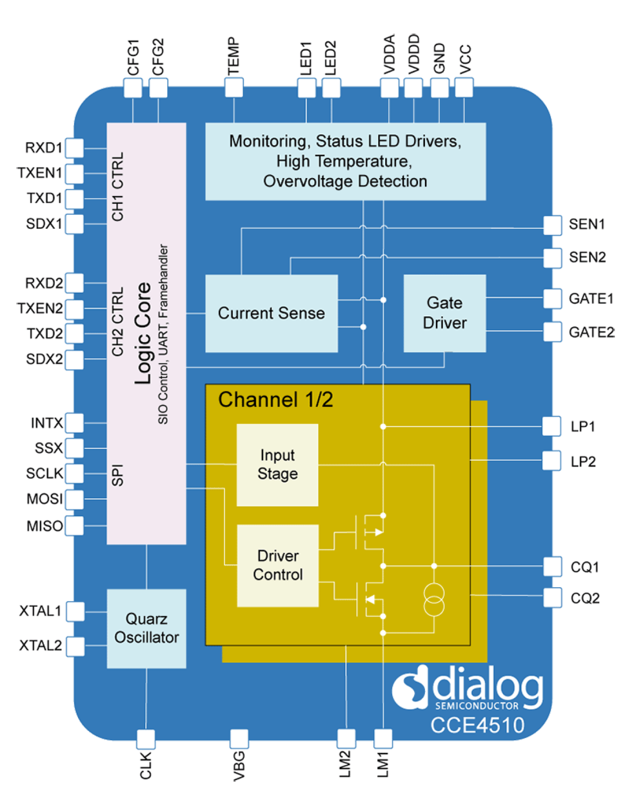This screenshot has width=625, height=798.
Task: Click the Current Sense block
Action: point(271,313)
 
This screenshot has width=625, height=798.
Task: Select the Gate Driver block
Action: point(444,313)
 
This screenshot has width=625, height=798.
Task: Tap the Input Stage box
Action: point(277,465)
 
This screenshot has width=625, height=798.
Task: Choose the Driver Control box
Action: point(278,565)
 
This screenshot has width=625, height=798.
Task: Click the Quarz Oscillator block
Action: point(146,628)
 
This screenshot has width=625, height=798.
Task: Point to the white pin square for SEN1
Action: point(552,225)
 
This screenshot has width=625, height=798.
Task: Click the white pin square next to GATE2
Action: point(552,332)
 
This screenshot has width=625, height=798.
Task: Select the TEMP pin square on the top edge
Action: point(234,88)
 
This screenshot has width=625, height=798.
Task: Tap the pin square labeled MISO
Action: point(74,526)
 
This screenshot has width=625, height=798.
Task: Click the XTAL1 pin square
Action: point(75,611)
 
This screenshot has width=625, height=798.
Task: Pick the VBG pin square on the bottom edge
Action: point(239,739)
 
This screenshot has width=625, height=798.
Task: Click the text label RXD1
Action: point(43,148)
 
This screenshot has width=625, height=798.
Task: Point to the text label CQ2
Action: point(585,598)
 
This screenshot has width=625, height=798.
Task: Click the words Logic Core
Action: point(143,333)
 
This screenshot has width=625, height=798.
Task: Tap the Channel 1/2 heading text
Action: point(275,400)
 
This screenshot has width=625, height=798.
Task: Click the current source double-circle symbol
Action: point(433,600)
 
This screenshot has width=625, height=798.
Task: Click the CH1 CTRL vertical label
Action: point(117,186)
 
